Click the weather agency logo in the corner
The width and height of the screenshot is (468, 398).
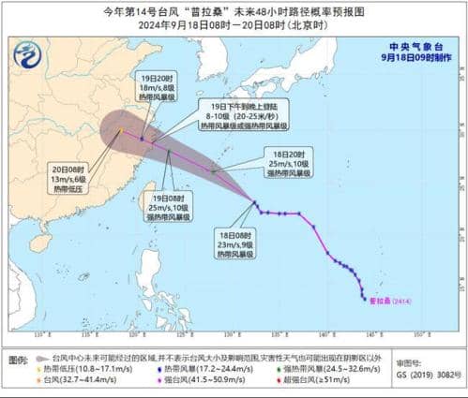coord(28,56)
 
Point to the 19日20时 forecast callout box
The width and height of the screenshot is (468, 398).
coord(154,87)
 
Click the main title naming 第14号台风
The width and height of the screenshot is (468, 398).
coord(234,11)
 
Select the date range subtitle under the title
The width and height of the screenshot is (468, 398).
coord(234,25)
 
